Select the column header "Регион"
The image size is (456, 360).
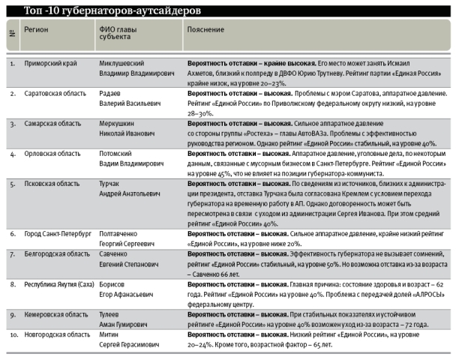pyautogui.click(x=37, y=29)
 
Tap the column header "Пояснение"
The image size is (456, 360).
pyautogui.click(x=205, y=29)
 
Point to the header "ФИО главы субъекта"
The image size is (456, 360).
pyautogui.click(x=120, y=33)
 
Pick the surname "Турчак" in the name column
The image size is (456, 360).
pyautogui.click(x=112, y=183)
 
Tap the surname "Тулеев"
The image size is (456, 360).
pyautogui.click(x=111, y=314)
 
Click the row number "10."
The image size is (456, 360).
pyautogui.click(x=13, y=334)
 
